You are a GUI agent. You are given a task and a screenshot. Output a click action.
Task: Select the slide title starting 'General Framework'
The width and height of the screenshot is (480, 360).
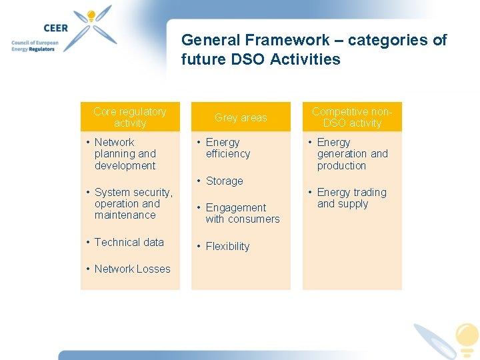click(313, 50)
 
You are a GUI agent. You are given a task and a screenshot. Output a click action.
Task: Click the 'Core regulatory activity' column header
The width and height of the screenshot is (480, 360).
click(130, 117)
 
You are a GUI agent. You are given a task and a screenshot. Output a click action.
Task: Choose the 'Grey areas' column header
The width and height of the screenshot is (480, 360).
click(241, 117)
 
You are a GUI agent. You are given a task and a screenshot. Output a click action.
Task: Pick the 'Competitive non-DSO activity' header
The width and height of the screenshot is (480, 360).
click(352, 117)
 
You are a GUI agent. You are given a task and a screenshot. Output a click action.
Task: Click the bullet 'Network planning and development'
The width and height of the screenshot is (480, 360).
click(125, 154)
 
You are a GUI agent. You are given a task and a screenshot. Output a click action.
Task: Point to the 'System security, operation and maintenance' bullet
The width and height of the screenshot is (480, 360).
click(133, 203)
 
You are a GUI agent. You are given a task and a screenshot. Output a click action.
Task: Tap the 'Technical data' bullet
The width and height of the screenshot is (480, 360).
click(129, 242)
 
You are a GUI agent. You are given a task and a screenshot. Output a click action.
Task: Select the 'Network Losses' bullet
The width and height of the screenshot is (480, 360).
click(132, 269)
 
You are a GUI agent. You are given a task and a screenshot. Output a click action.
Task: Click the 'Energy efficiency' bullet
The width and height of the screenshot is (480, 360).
click(227, 148)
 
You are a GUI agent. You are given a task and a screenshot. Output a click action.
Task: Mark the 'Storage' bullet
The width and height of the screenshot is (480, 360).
click(224, 181)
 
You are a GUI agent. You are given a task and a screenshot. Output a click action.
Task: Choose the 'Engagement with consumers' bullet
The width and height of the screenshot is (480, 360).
click(242, 213)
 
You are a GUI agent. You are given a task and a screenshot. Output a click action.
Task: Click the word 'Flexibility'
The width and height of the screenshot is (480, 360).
click(227, 246)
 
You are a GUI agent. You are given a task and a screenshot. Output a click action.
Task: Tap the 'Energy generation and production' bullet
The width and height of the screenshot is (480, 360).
click(351, 154)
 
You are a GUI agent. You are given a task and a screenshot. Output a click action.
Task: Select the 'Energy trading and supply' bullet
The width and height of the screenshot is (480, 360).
click(351, 198)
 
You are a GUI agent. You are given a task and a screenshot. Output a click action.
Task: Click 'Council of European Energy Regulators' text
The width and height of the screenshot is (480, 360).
click(35, 46)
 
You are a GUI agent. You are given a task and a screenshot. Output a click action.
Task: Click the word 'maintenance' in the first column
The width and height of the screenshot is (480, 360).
click(125, 215)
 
